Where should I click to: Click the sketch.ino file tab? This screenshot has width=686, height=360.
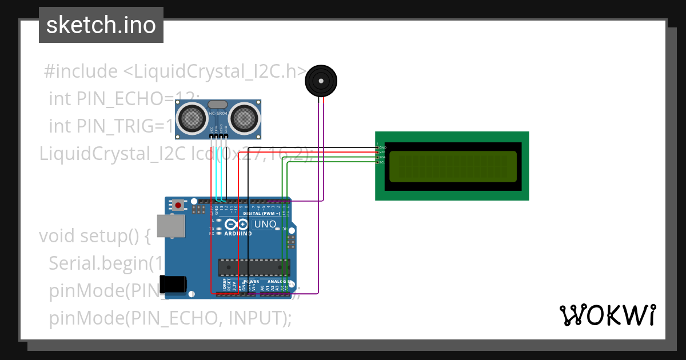[x=101, y=25]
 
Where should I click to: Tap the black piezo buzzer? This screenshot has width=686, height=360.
[x=320, y=80]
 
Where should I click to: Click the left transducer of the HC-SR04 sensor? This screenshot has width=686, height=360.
[x=192, y=118]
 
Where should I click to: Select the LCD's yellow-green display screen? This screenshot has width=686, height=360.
[x=453, y=166]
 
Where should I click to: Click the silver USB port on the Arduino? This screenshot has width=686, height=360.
[x=171, y=226]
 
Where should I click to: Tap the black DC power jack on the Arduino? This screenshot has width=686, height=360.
[x=174, y=285]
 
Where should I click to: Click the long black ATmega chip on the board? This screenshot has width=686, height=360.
[x=254, y=267]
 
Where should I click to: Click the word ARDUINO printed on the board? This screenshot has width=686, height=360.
[x=237, y=233]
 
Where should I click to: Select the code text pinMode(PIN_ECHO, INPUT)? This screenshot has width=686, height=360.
[x=170, y=318]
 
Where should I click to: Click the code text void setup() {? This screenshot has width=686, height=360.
[x=95, y=235]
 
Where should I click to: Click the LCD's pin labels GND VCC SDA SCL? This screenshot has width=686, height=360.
[x=381, y=155]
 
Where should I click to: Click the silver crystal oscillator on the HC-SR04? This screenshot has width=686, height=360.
[x=218, y=104]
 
